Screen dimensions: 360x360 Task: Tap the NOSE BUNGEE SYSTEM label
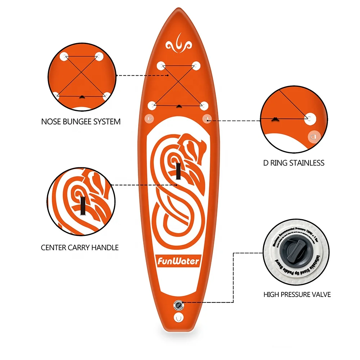(x=81, y=122)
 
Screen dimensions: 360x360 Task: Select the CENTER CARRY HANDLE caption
(x=80, y=248)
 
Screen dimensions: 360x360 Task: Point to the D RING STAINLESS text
(x=293, y=163)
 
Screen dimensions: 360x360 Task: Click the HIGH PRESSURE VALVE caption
(x=297, y=294)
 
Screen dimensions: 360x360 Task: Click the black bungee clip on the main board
(x=179, y=106)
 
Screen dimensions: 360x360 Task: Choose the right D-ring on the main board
(x=207, y=118)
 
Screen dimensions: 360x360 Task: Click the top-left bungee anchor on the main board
(x=161, y=66)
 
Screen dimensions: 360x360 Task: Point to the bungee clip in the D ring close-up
(x=275, y=118)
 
